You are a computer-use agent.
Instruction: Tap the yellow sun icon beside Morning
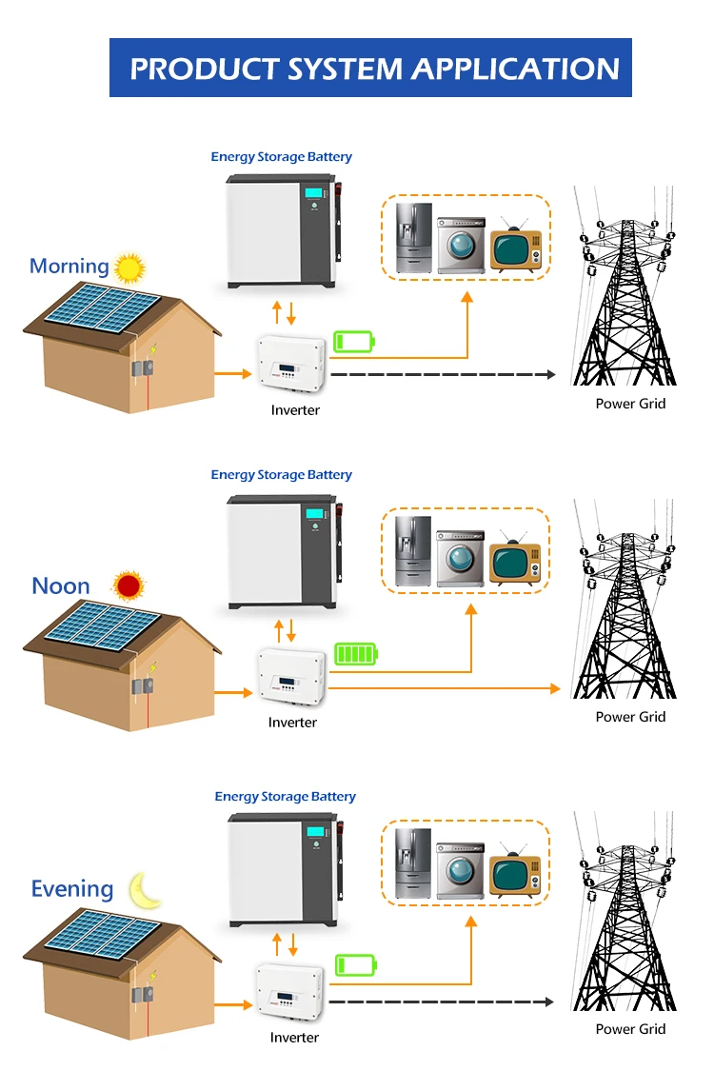coord(129,268)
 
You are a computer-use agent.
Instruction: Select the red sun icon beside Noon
coord(128,586)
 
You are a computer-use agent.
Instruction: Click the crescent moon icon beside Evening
coord(145,890)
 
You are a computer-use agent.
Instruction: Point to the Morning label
coord(69,266)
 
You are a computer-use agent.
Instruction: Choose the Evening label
coord(72,888)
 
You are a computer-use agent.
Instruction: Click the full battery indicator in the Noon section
coord(356,654)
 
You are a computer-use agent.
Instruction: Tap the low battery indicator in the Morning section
coord(354,341)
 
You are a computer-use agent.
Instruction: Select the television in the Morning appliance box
coord(515,247)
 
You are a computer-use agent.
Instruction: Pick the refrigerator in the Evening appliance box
coord(413,863)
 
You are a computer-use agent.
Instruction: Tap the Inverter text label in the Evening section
coord(294,1038)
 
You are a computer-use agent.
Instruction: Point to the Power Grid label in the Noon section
coord(630,717)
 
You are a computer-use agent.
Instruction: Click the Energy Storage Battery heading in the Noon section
coord(282,475)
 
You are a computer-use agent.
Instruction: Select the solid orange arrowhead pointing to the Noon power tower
coord(555,688)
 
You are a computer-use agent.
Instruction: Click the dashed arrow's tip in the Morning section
coord(555,374)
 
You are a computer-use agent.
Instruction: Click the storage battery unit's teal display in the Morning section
coord(315,193)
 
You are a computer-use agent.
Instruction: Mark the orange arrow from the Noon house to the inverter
coord(233,693)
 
